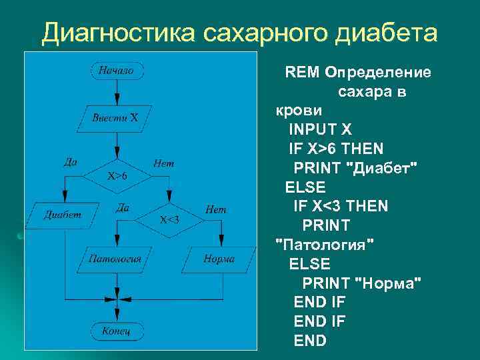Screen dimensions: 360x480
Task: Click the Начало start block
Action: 117,69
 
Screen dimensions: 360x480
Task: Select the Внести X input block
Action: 117,118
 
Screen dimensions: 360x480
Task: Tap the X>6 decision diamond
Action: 117,176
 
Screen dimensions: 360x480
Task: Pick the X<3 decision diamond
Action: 169,219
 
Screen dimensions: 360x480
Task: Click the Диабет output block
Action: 63,214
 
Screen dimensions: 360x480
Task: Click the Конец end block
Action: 116,330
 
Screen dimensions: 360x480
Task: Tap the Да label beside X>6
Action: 70,161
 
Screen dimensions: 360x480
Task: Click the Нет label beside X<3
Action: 215,209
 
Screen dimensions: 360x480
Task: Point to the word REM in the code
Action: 300,71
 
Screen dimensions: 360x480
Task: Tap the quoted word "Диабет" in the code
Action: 383,165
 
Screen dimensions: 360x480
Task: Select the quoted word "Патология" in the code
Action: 325,244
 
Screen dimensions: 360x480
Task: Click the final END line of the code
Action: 310,341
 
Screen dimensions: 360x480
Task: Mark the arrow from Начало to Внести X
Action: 117,93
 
